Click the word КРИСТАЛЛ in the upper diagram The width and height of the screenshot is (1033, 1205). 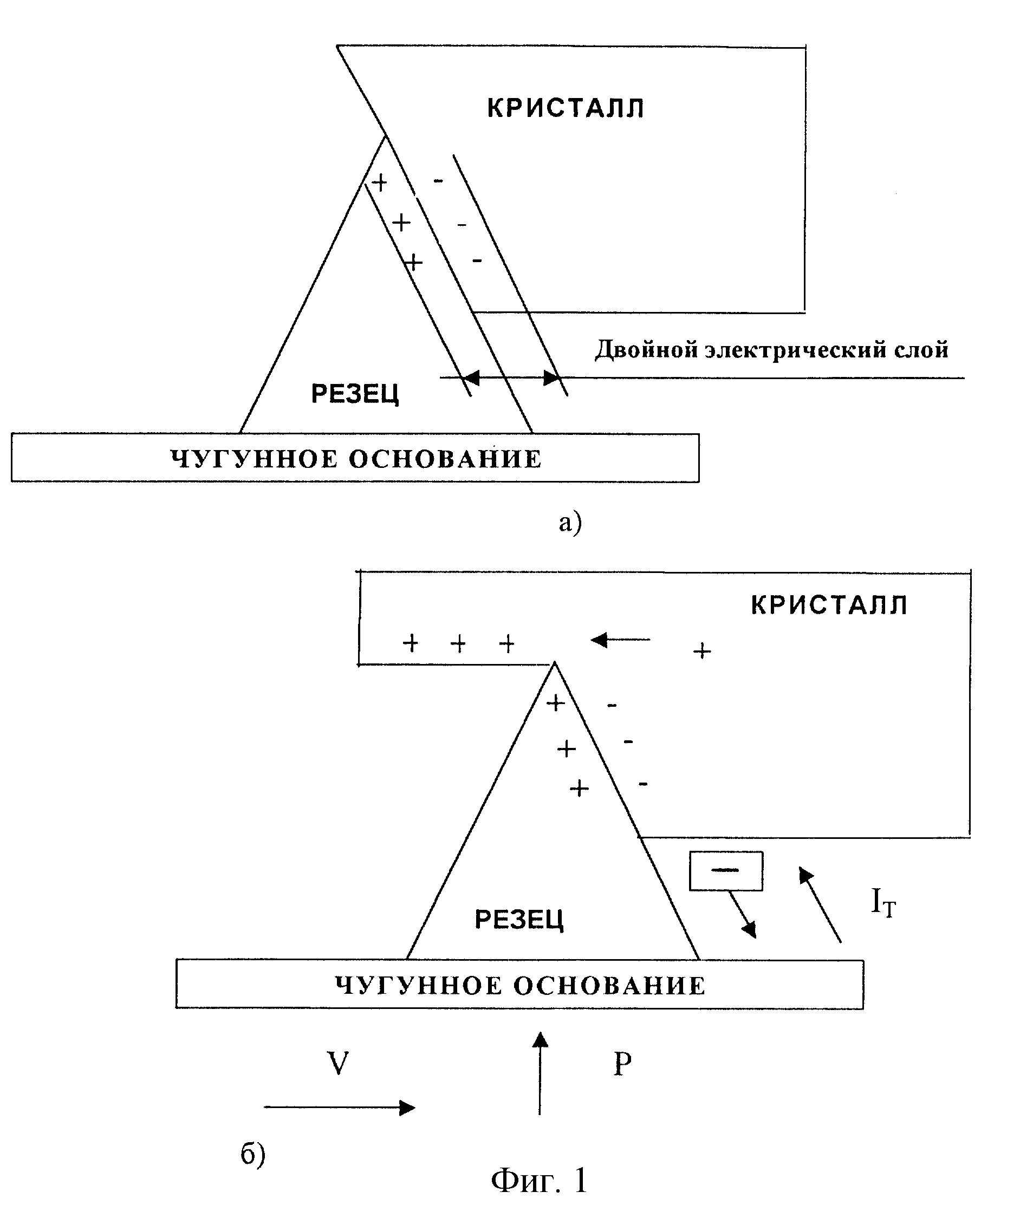pos(566,108)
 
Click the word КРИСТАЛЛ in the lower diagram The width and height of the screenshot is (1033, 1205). pos(829,605)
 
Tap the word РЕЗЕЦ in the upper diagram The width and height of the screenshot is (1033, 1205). pos(355,394)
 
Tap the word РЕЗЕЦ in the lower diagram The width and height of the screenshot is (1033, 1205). pos(519,920)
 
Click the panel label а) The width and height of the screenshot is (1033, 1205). pos(570,522)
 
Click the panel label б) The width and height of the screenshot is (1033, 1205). pos(253,1154)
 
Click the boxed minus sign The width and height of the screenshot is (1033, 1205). pos(726,871)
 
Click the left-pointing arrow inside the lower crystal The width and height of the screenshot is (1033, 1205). pos(620,640)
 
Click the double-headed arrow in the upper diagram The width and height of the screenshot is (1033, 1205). pos(511,378)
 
